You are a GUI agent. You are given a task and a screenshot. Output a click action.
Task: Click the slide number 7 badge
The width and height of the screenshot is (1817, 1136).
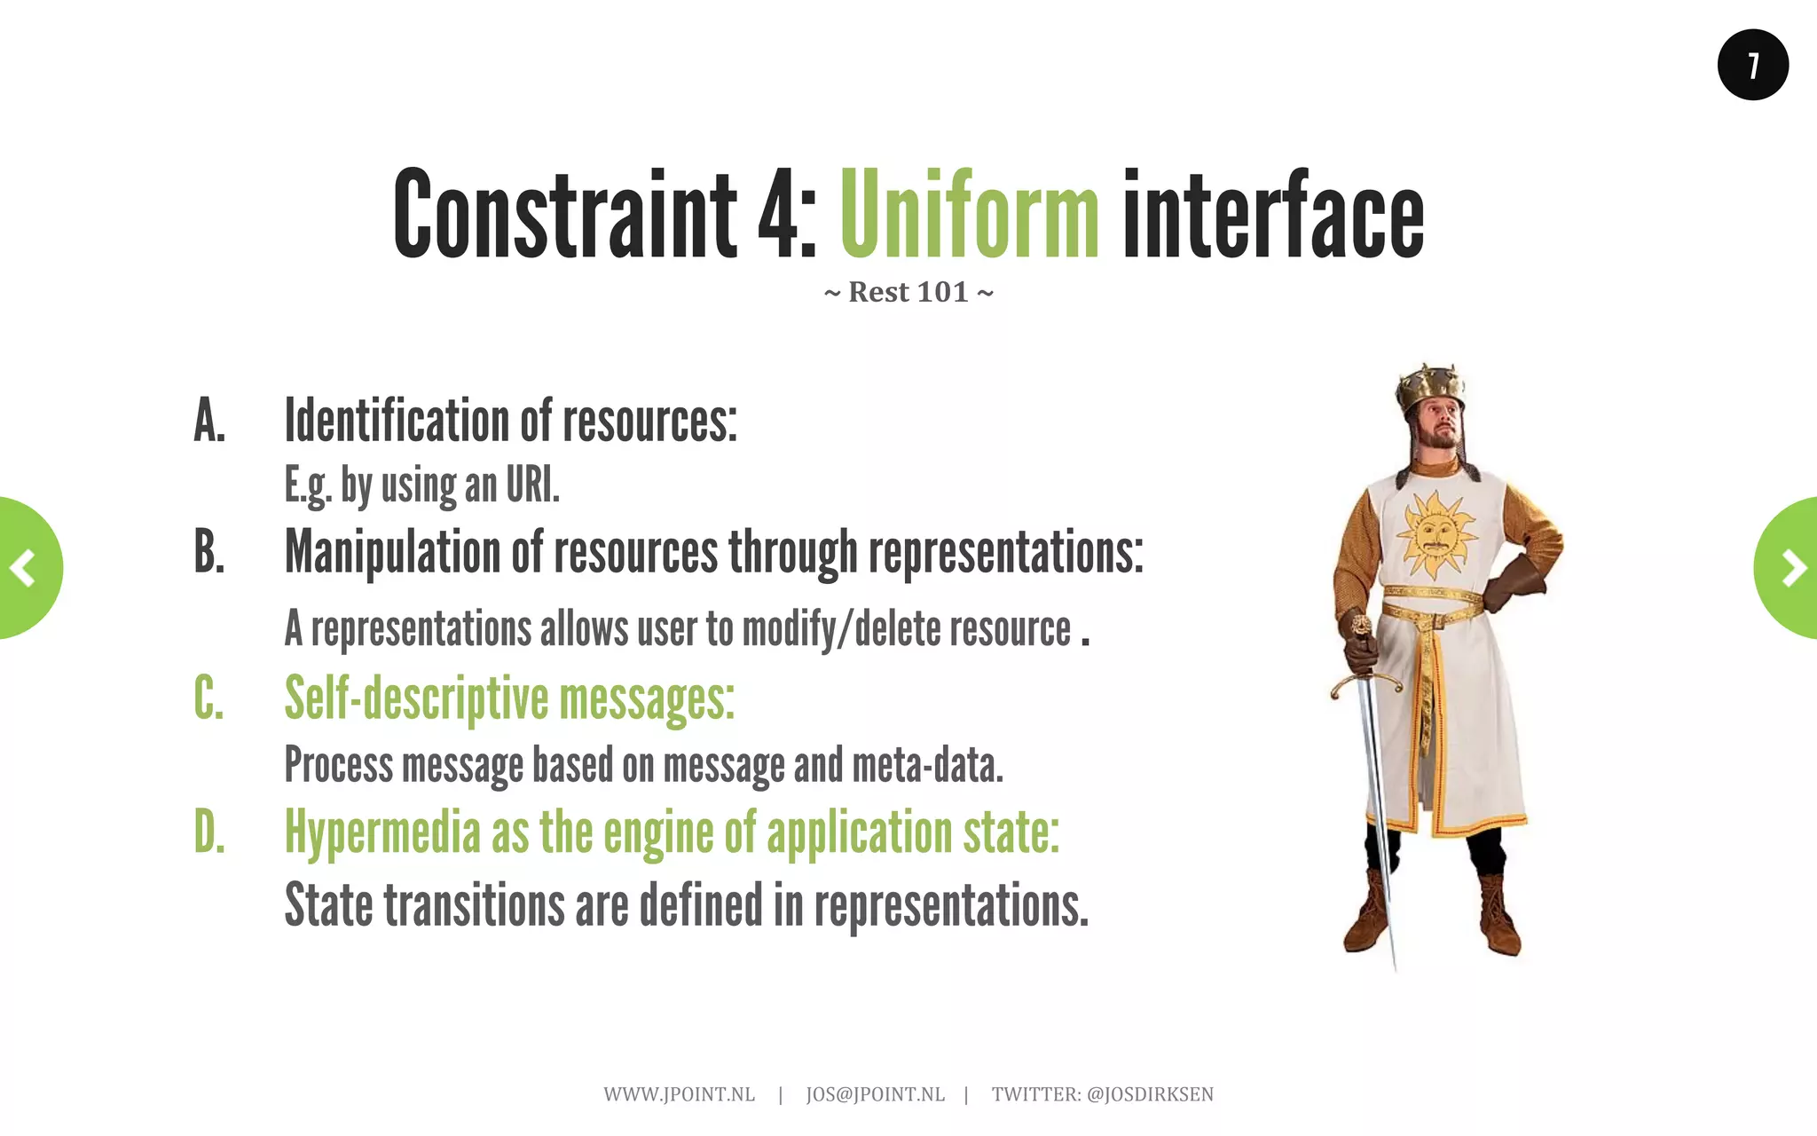tap(1752, 65)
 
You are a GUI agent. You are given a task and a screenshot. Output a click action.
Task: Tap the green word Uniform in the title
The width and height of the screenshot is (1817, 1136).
tap(969, 216)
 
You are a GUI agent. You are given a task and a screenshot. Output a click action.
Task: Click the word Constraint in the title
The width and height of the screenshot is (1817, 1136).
tap(564, 216)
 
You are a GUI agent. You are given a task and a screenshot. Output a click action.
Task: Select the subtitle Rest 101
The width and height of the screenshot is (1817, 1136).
tap(908, 292)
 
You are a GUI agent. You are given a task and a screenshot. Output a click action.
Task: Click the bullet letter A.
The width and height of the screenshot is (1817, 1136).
tap(209, 421)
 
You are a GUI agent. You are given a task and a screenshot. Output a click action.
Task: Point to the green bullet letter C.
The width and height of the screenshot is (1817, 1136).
tap(209, 698)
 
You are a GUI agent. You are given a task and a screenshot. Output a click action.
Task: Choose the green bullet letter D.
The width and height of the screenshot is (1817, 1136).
tap(209, 832)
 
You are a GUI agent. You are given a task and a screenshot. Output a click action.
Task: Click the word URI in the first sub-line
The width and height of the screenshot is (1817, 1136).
tap(532, 485)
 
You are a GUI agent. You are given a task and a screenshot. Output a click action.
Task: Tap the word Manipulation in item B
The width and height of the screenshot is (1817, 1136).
tap(392, 552)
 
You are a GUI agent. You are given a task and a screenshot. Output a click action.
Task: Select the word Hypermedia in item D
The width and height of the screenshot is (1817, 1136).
tap(382, 833)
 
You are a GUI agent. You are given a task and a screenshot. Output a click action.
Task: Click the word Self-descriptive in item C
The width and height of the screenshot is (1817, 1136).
tap(417, 699)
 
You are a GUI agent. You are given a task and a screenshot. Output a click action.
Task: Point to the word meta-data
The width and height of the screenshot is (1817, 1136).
tap(927, 765)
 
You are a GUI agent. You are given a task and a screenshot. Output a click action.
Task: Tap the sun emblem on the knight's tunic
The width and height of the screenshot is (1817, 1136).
tap(1434, 534)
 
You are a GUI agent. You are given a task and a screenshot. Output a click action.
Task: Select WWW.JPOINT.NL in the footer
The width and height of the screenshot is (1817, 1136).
tap(679, 1094)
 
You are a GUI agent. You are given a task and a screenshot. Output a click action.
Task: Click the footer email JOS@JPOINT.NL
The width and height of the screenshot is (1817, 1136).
tap(875, 1094)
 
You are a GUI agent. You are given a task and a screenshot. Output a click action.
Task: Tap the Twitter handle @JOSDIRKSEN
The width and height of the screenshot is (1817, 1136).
tap(1150, 1094)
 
